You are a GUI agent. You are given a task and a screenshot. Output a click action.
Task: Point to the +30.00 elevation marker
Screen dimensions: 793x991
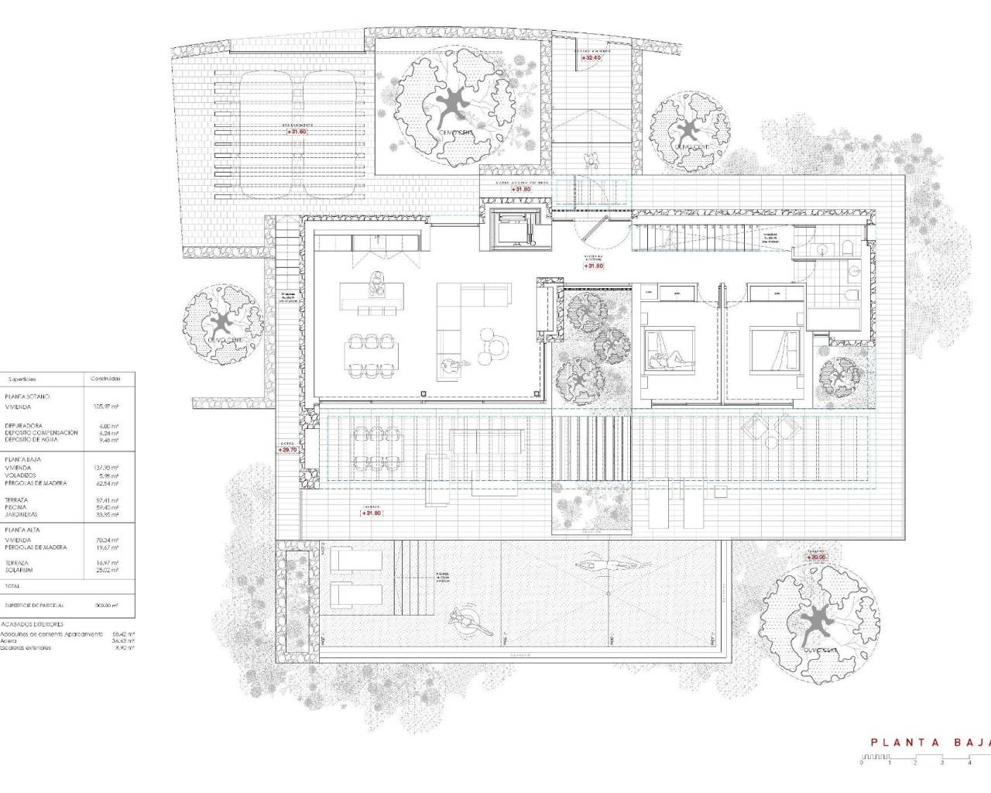[818, 557]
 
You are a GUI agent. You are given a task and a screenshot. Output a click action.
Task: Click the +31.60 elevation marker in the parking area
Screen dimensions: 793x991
[297, 132]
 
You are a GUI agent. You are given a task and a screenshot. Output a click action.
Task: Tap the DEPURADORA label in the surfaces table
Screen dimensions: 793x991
[24, 426]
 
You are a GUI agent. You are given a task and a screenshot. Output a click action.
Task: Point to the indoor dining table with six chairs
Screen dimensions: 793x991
[369, 354]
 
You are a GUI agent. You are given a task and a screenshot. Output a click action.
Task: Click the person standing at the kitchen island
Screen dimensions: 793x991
[377, 283]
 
